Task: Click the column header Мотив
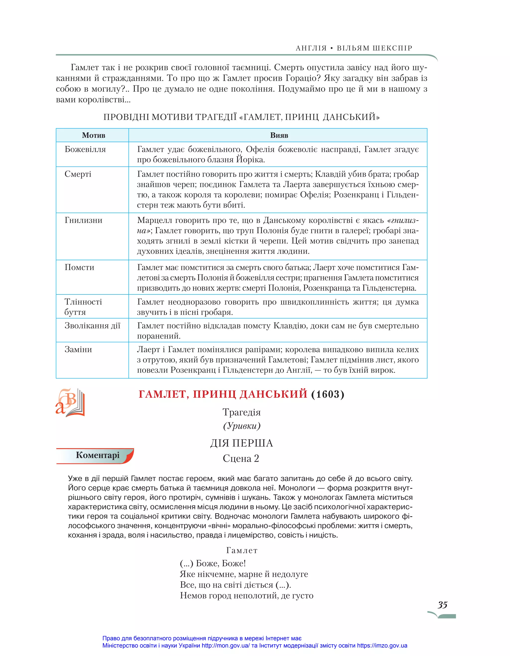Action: (x=93, y=135)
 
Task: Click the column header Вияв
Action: (x=279, y=135)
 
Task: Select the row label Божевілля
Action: (x=85, y=149)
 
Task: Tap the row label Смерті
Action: (x=78, y=174)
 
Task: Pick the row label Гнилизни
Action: (x=83, y=220)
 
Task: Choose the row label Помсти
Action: (x=79, y=267)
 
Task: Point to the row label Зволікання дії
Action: (x=92, y=326)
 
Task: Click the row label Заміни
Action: (x=78, y=349)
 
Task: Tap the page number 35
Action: (x=443, y=605)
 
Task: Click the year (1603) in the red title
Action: (x=327, y=394)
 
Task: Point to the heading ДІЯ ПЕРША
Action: (x=241, y=443)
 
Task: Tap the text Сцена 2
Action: (x=241, y=458)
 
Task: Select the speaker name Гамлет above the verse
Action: (x=242, y=550)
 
